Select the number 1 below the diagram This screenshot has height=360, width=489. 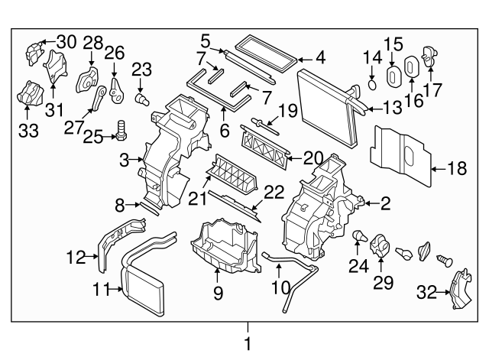(x=247, y=344)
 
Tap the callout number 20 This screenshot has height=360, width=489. (x=313, y=157)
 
